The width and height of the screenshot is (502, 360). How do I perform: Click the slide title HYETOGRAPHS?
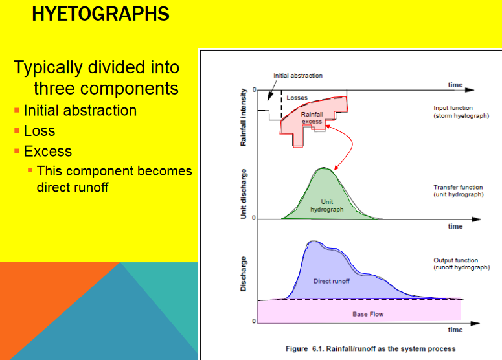click(x=100, y=14)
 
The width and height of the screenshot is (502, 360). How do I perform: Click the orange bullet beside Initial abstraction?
click(x=17, y=111)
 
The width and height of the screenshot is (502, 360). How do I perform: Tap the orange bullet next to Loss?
click(x=17, y=131)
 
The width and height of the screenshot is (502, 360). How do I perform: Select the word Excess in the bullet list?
click(x=48, y=151)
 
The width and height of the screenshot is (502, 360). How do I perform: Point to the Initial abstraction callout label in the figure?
click(x=298, y=76)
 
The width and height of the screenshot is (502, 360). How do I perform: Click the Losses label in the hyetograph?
click(x=297, y=98)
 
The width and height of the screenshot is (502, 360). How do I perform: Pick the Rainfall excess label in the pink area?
click(x=312, y=118)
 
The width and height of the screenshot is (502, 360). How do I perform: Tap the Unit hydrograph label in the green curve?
click(x=327, y=206)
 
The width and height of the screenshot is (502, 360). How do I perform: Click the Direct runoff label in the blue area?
click(x=332, y=281)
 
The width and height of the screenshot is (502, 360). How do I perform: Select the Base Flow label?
click(x=368, y=314)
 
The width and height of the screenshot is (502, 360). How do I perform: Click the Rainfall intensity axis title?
click(x=244, y=117)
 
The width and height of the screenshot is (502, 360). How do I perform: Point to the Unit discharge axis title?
click(x=244, y=194)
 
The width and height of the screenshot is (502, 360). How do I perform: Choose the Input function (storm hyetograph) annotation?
click(x=461, y=112)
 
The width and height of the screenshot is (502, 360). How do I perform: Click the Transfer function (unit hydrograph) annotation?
click(x=459, y=191)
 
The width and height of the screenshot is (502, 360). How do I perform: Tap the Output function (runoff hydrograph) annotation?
click(x=462, y=264)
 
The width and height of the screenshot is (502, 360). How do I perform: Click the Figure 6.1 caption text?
click(x=371, y=349)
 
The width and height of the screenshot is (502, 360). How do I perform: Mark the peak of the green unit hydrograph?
click(x=323, y=168)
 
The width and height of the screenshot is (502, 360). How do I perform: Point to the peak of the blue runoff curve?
click(x=314, y=242)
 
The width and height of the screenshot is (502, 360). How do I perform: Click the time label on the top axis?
click(x=455, y=85)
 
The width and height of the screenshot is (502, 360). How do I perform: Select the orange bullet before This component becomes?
click(x=30, y=170)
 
